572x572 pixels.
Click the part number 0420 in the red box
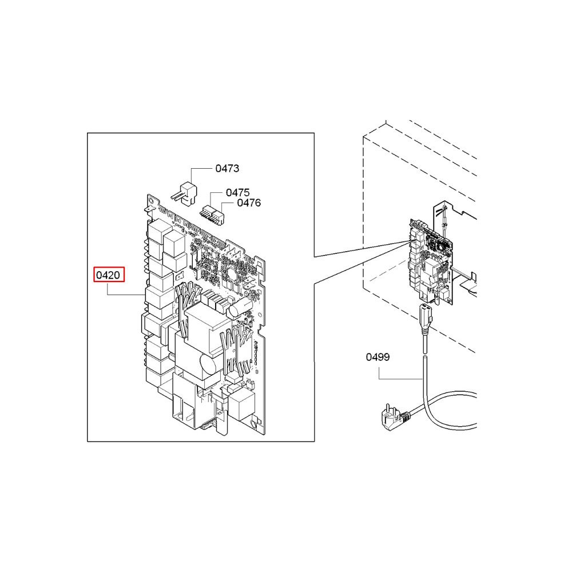click(x=108, y=275)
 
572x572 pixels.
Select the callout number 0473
click(x=227, y=169)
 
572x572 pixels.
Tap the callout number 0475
click(x=237, y=193)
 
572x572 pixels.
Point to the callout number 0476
click(x=249, y=202)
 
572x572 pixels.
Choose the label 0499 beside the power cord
click(x=378, y=357)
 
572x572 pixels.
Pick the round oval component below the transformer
click(x=204, y=364)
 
